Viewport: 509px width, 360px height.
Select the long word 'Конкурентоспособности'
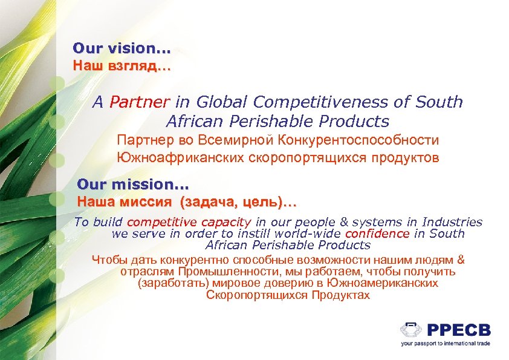(x=358, y=140)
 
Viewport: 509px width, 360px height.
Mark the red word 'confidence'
(x=377, y=234)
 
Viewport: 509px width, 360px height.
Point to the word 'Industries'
(x=452, y=223)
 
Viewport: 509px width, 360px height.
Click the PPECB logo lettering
(x=459, y=330)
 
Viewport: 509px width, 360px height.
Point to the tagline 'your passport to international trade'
(x=445, y=343)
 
